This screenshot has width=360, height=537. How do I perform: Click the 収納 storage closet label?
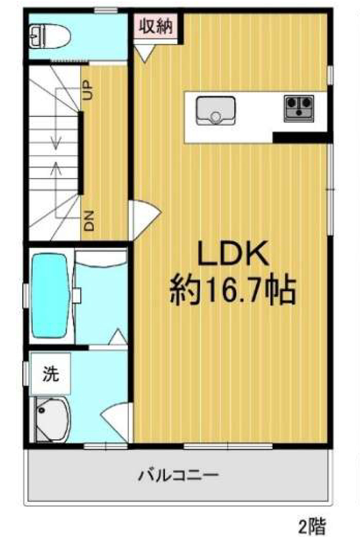(155, 26)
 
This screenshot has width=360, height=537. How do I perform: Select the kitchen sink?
(216, 111)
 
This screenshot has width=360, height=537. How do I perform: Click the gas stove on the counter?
(299, 108)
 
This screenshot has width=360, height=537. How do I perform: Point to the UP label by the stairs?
(88, 90)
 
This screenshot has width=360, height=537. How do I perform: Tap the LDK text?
(233, 253)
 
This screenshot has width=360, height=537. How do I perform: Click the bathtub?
(50, 295)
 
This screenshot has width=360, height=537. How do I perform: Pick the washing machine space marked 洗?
(51, 374)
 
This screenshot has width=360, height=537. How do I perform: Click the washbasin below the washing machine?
(52, 419)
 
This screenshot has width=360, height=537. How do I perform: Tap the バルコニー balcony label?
(178, 475)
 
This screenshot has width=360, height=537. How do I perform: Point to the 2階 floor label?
(312, 526)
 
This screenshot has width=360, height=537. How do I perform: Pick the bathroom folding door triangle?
(118, 337)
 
